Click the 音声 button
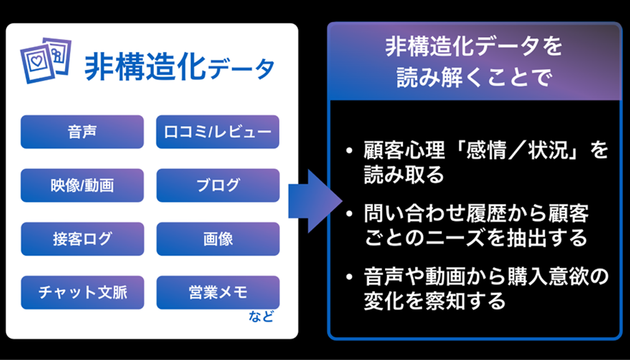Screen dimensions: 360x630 click(82, 132)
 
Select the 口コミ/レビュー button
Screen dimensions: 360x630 click(218, 132)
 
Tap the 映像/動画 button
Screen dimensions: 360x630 click(82, 186)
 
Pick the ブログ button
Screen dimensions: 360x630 click(218, 186)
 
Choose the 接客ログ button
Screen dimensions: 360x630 click(82, 239)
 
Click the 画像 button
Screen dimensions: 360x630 click(218, 239)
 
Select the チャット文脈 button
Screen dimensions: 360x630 click(82, 292)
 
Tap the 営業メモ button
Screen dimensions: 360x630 click(218, 292)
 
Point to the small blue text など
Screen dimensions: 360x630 click(261, 317)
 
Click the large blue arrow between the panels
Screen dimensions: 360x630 click(313, 201)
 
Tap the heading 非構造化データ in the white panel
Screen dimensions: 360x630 click(179, 68)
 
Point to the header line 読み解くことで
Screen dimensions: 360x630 click(474, 78)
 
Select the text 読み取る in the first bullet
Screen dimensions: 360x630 click(404, 175)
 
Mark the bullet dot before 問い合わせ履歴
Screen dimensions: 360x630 click(350, 214)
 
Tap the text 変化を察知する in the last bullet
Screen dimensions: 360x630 click(435, 301)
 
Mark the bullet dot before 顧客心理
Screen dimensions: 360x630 click(350, 152)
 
